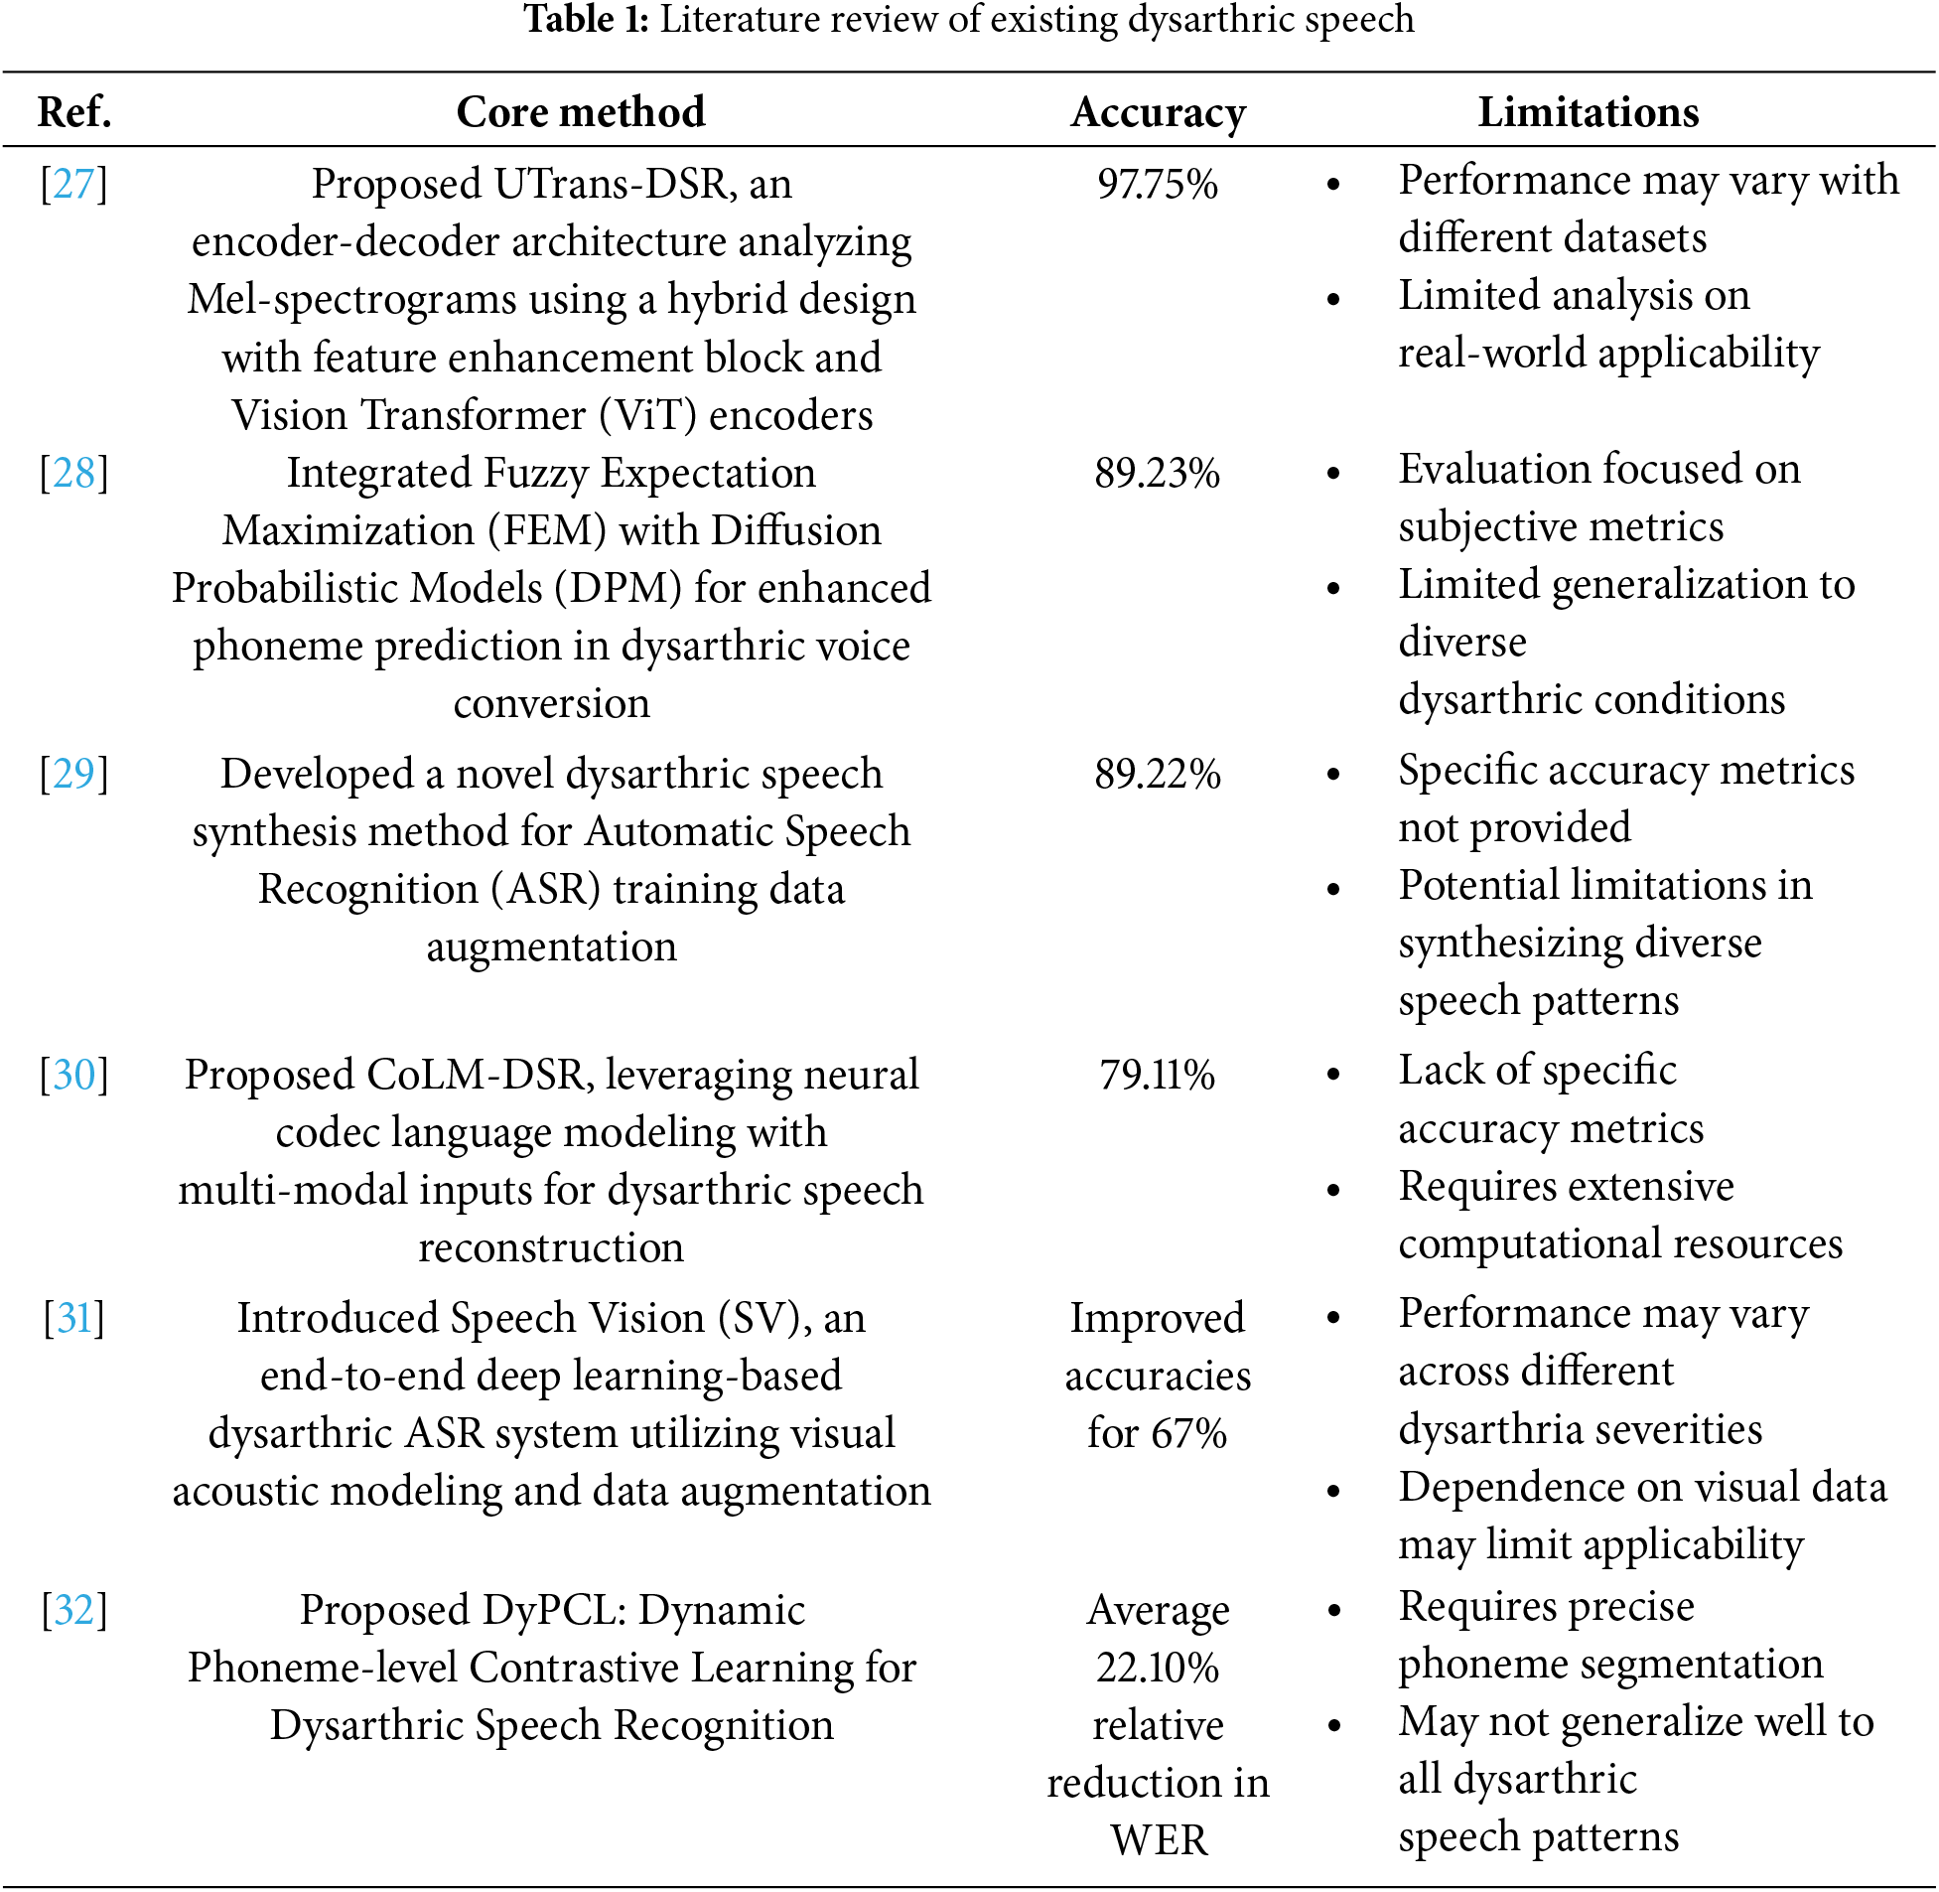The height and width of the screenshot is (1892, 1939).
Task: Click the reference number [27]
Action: click(x=73, y=185)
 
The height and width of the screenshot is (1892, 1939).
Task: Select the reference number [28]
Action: click(x=73, y=474)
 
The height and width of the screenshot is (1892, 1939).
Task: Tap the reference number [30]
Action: click(x=73, y=1076)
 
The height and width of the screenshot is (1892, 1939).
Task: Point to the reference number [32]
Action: click(x=73, y=1610)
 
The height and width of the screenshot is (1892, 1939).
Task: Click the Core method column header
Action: click(x=580, y=112)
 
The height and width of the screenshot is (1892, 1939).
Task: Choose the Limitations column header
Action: click(x=1588, y=112)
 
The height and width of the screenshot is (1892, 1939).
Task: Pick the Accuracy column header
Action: click(x=1158, y=112)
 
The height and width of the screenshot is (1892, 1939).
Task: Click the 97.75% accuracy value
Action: click(x=1158, y=185)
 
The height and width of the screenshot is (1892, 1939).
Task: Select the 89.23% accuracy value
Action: click(x=1158, y=474)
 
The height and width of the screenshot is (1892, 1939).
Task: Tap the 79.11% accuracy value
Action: click(x=1158, y=1076)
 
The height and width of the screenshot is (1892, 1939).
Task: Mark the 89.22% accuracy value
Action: click(x=1158, y=774)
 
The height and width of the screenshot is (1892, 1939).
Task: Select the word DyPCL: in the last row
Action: click(x=554, y=1610)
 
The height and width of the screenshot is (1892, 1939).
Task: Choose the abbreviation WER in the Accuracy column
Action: click(x=1159, y=1840)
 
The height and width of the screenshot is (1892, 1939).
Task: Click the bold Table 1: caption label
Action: click(x=586, y=20)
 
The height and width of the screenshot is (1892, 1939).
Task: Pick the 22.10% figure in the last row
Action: click(x=1158, y=1668)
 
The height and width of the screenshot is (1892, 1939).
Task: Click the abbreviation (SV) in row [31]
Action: click(x=774, y=1319)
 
